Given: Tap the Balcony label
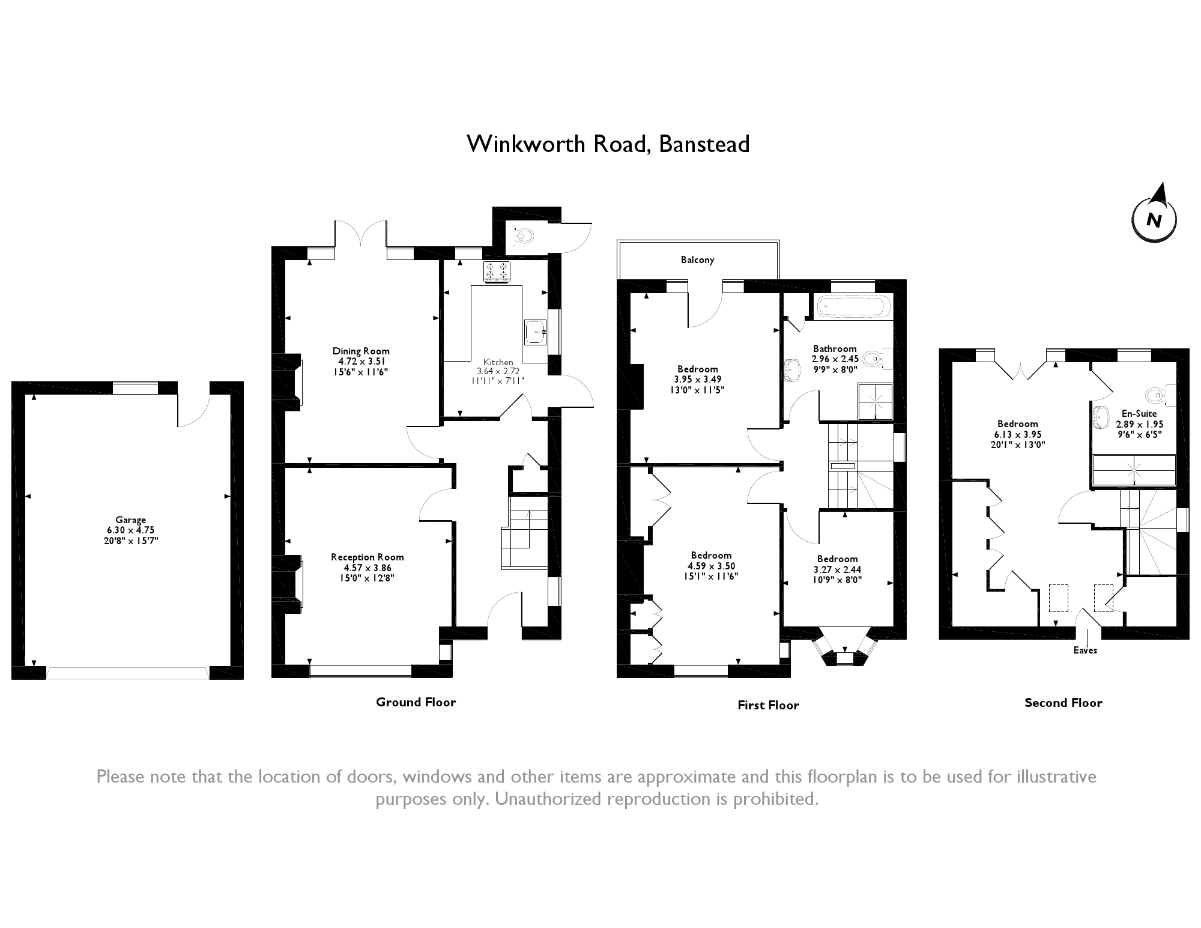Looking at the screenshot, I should [x=697, y=260].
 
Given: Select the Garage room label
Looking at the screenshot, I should [x=131, y=520].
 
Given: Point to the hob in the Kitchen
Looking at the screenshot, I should [x=497, y=271].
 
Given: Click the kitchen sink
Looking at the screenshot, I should [x=534, y=331].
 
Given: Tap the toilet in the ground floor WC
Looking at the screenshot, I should [x=523, y=236].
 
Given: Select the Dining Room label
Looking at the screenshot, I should [x=361, y=351].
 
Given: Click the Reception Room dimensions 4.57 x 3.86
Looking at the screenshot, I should [x=367, y=568].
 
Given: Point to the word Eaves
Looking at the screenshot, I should [x=1085, y=651].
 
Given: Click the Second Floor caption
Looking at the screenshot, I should [x=1063, y=703].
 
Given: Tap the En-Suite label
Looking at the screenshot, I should [x=1139, y=414].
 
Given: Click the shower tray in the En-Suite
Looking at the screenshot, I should [x=1133, y=470].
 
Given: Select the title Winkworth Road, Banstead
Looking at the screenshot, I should [x=608, y=144].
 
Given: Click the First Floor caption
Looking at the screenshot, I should [x=768, y=705].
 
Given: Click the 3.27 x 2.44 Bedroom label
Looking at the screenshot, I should [x=837, y=559].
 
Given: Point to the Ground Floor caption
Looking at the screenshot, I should [x=416, y=702].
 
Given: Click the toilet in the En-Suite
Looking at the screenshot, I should [x=1158, y=395].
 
